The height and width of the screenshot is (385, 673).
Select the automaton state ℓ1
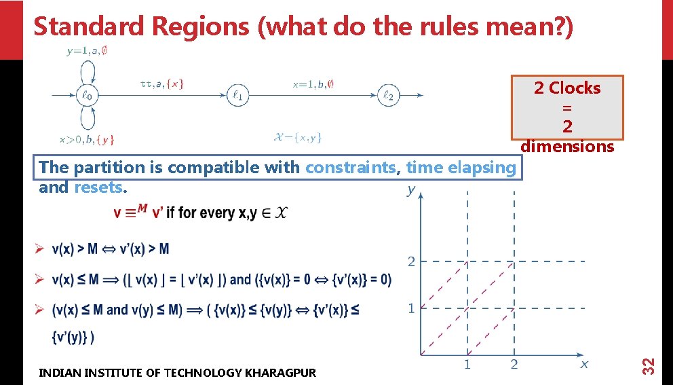coord(237,96)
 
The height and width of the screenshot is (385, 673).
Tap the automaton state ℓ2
coord(388,96)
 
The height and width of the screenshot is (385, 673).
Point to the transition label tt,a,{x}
coord(161,84)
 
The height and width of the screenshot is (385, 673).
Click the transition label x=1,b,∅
coord(313,84)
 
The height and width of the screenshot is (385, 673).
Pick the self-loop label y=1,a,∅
coord(87,51)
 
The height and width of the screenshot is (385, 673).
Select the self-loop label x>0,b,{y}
coord(87,140)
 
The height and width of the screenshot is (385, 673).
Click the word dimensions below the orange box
coord(567,147)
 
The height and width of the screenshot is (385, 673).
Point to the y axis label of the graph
coord(411,190)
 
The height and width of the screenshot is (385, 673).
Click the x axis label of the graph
coord(584,365)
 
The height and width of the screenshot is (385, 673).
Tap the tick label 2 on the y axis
coord(410,262)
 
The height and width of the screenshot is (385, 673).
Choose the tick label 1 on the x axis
coord(467,365)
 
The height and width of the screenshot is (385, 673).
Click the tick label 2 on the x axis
coord(514,365)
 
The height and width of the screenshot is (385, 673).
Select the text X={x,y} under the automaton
coord(298,137)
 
